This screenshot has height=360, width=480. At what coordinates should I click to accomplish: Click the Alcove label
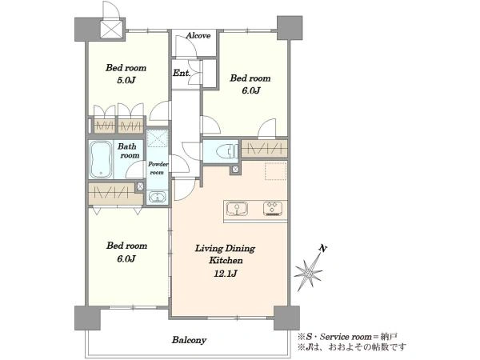point(198,35)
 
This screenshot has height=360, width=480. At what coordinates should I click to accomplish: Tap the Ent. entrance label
point(182,73)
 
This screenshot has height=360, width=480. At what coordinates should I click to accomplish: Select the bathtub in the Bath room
point(101,159)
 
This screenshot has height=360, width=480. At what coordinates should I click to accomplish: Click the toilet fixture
point(227,151)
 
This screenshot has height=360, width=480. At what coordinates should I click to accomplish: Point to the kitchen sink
point(237,209)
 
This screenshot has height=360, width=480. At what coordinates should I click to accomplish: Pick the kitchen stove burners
point(273,209)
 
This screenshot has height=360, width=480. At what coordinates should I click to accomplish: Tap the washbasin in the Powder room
point(158,197)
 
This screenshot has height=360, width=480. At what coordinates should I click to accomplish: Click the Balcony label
point(189,340)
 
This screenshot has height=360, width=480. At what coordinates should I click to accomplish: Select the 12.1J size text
point(225,273)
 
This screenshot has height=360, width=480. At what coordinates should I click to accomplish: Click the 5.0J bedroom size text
point(126,80)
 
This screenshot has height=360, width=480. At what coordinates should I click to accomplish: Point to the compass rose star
point(308,272)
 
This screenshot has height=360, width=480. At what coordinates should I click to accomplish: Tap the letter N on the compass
point(322,248)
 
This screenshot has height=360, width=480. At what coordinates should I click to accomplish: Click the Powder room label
point(158,168)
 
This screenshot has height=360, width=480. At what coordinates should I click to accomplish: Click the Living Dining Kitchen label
point(225,254)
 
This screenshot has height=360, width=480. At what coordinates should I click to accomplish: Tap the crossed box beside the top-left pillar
point(112,30)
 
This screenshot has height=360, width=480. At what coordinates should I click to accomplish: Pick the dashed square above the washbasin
point(158,138)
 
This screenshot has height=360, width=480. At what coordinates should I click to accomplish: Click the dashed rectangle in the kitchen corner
point(275,171)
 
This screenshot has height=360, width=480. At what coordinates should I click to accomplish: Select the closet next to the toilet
point(265,149)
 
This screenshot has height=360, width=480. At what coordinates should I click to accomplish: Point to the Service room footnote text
point(347,337)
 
